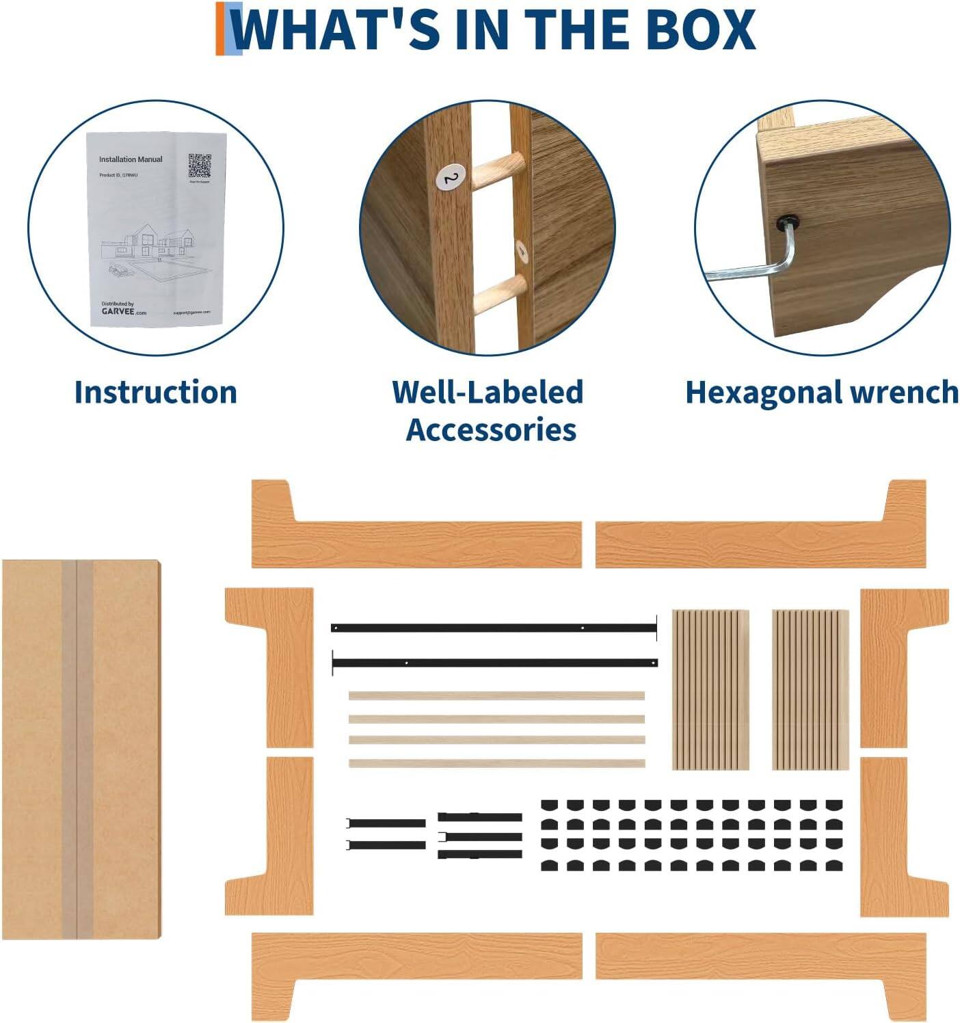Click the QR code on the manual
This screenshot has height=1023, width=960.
tap(199, 165)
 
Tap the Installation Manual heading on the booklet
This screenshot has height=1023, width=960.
tap(131, 159)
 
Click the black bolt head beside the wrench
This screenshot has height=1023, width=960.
tap(788, 222)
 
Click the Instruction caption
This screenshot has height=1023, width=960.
tap(155, 393)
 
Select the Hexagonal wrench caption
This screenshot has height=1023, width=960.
tap(821, 393)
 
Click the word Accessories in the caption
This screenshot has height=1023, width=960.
tap(490, 430)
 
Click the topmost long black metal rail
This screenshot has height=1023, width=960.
tap(493, 628)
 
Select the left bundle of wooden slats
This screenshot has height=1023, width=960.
tap(710, 689)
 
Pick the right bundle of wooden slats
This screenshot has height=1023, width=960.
tap(810, 689)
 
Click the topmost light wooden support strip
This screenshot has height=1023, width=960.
tap(496, 696)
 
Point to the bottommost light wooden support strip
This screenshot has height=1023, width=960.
tap(496, 763)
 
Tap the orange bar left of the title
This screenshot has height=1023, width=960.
tap(220, 29)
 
